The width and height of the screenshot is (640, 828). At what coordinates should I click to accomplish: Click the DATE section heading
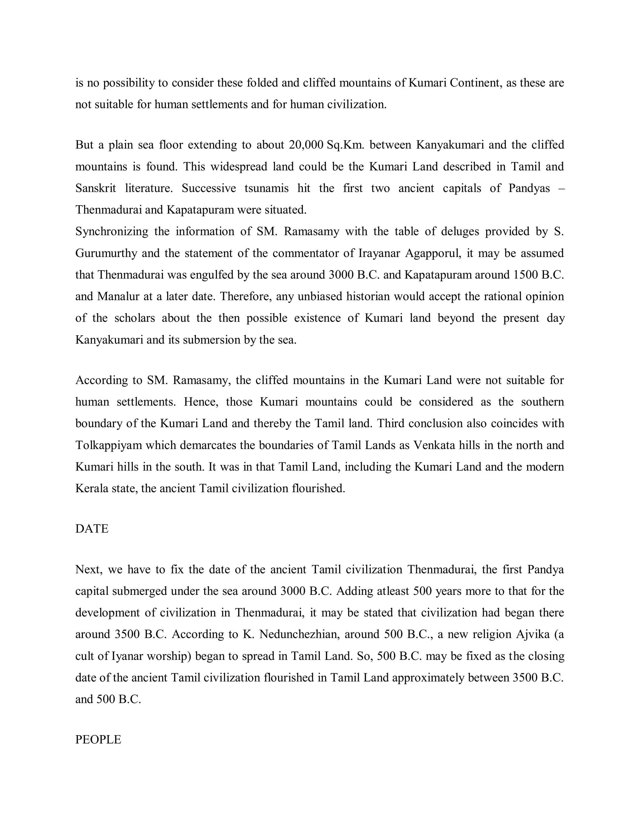pos(92,528)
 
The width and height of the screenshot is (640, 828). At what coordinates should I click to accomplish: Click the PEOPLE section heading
pos(98,739)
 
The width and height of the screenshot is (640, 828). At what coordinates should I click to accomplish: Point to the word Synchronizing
pos(112,231)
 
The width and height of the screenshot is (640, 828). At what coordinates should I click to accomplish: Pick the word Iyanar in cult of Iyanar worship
pos(127,656)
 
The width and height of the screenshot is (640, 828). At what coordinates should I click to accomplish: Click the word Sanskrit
pos(96,188)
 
